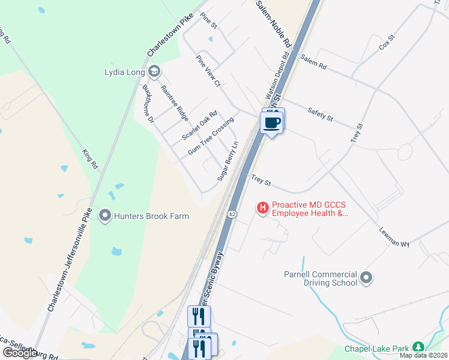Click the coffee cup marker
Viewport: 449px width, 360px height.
tap(272, 122)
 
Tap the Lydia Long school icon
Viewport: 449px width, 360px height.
tap(154, 73)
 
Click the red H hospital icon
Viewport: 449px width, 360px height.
tap(263, 208)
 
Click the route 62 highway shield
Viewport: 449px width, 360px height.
tap(232, 214)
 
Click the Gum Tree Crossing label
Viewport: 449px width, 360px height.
tap(211, 137)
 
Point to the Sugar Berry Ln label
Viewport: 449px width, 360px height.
tap(228, 161)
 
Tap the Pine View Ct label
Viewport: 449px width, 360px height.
tap(209, 70)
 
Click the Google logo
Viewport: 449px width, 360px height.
tap(20, 353)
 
